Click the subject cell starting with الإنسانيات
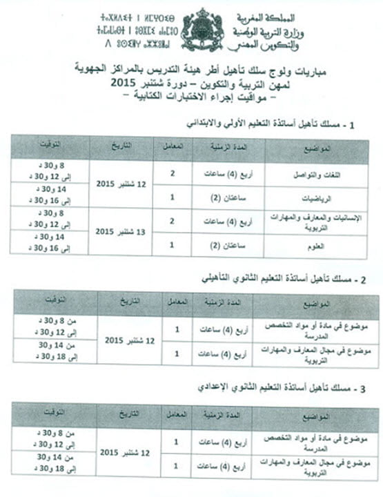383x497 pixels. (308, 220)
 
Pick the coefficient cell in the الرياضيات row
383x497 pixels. (173, 197)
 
